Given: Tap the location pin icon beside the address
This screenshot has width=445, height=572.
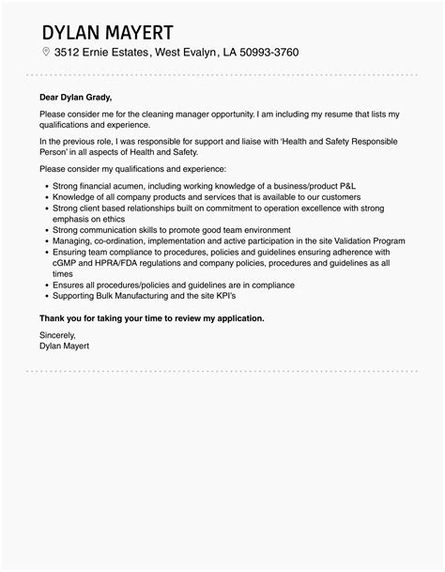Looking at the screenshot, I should point(45,52).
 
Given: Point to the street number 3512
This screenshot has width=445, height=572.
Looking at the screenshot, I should point(70,52).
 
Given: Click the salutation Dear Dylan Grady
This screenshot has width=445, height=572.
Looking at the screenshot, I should point(75,95).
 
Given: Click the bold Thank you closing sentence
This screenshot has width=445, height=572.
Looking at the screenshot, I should point(151,318).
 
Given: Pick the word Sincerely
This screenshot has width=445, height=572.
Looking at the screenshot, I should point(58,334).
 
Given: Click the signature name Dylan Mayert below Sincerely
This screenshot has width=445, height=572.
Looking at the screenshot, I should point(66,345).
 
